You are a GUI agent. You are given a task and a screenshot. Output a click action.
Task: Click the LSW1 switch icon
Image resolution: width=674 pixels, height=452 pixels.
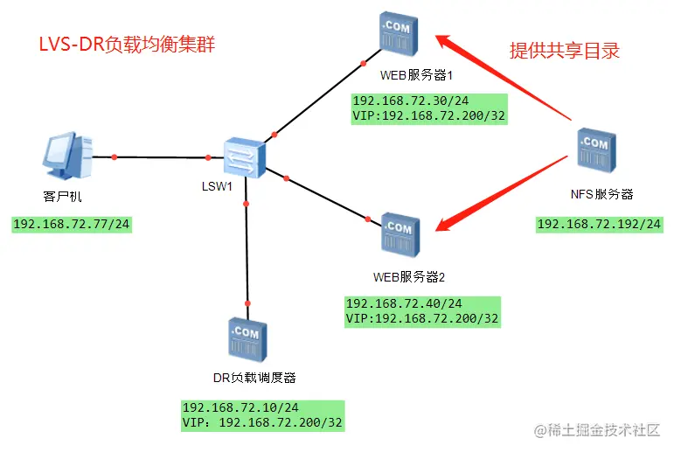(243, 157)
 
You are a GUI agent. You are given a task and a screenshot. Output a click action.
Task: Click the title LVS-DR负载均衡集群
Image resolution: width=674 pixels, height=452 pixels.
(126, 45)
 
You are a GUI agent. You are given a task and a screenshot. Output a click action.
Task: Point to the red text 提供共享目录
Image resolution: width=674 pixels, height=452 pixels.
(564, 50)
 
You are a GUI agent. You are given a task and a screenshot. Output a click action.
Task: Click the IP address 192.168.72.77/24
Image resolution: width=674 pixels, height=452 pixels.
(73, 225)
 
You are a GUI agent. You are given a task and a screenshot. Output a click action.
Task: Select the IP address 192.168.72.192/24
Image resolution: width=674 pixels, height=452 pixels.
(599, 224)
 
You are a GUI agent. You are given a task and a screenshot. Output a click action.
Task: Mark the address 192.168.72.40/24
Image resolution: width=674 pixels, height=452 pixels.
(403, 303)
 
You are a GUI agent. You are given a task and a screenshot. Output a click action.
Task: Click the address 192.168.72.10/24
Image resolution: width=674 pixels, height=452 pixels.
(240, 407)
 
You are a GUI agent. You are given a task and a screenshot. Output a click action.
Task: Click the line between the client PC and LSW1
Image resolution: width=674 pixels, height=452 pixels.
(162, 157)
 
